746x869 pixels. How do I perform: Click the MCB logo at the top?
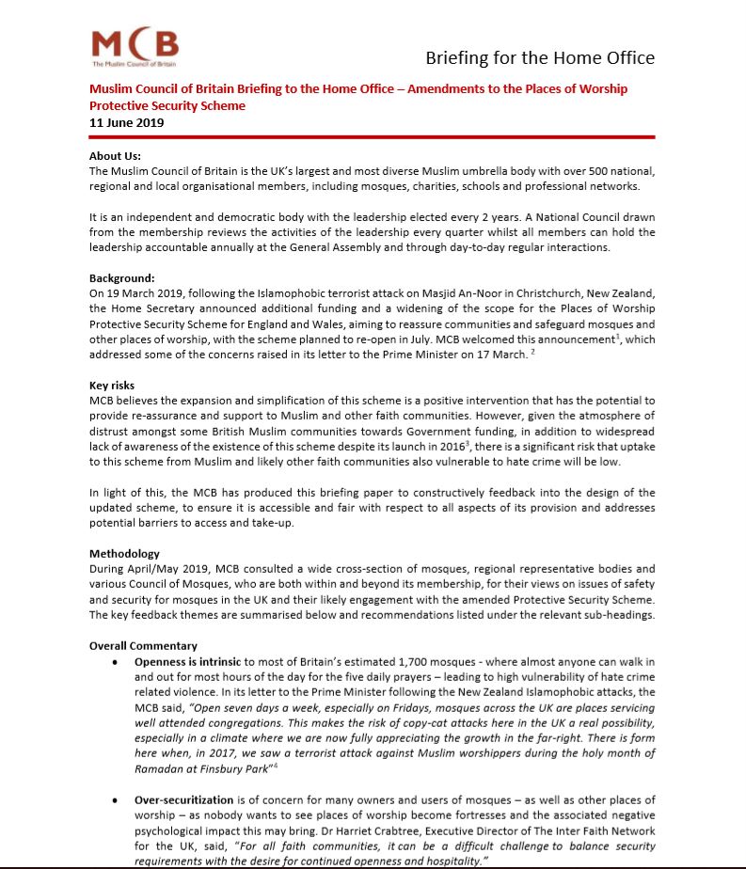135,48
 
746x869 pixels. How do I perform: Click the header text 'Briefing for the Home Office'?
540,57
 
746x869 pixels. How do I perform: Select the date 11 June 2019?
127,122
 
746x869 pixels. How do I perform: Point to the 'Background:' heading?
121,278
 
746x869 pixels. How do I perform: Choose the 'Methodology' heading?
124,554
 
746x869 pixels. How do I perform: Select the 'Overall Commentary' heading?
143,646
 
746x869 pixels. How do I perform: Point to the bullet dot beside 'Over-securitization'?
114,799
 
